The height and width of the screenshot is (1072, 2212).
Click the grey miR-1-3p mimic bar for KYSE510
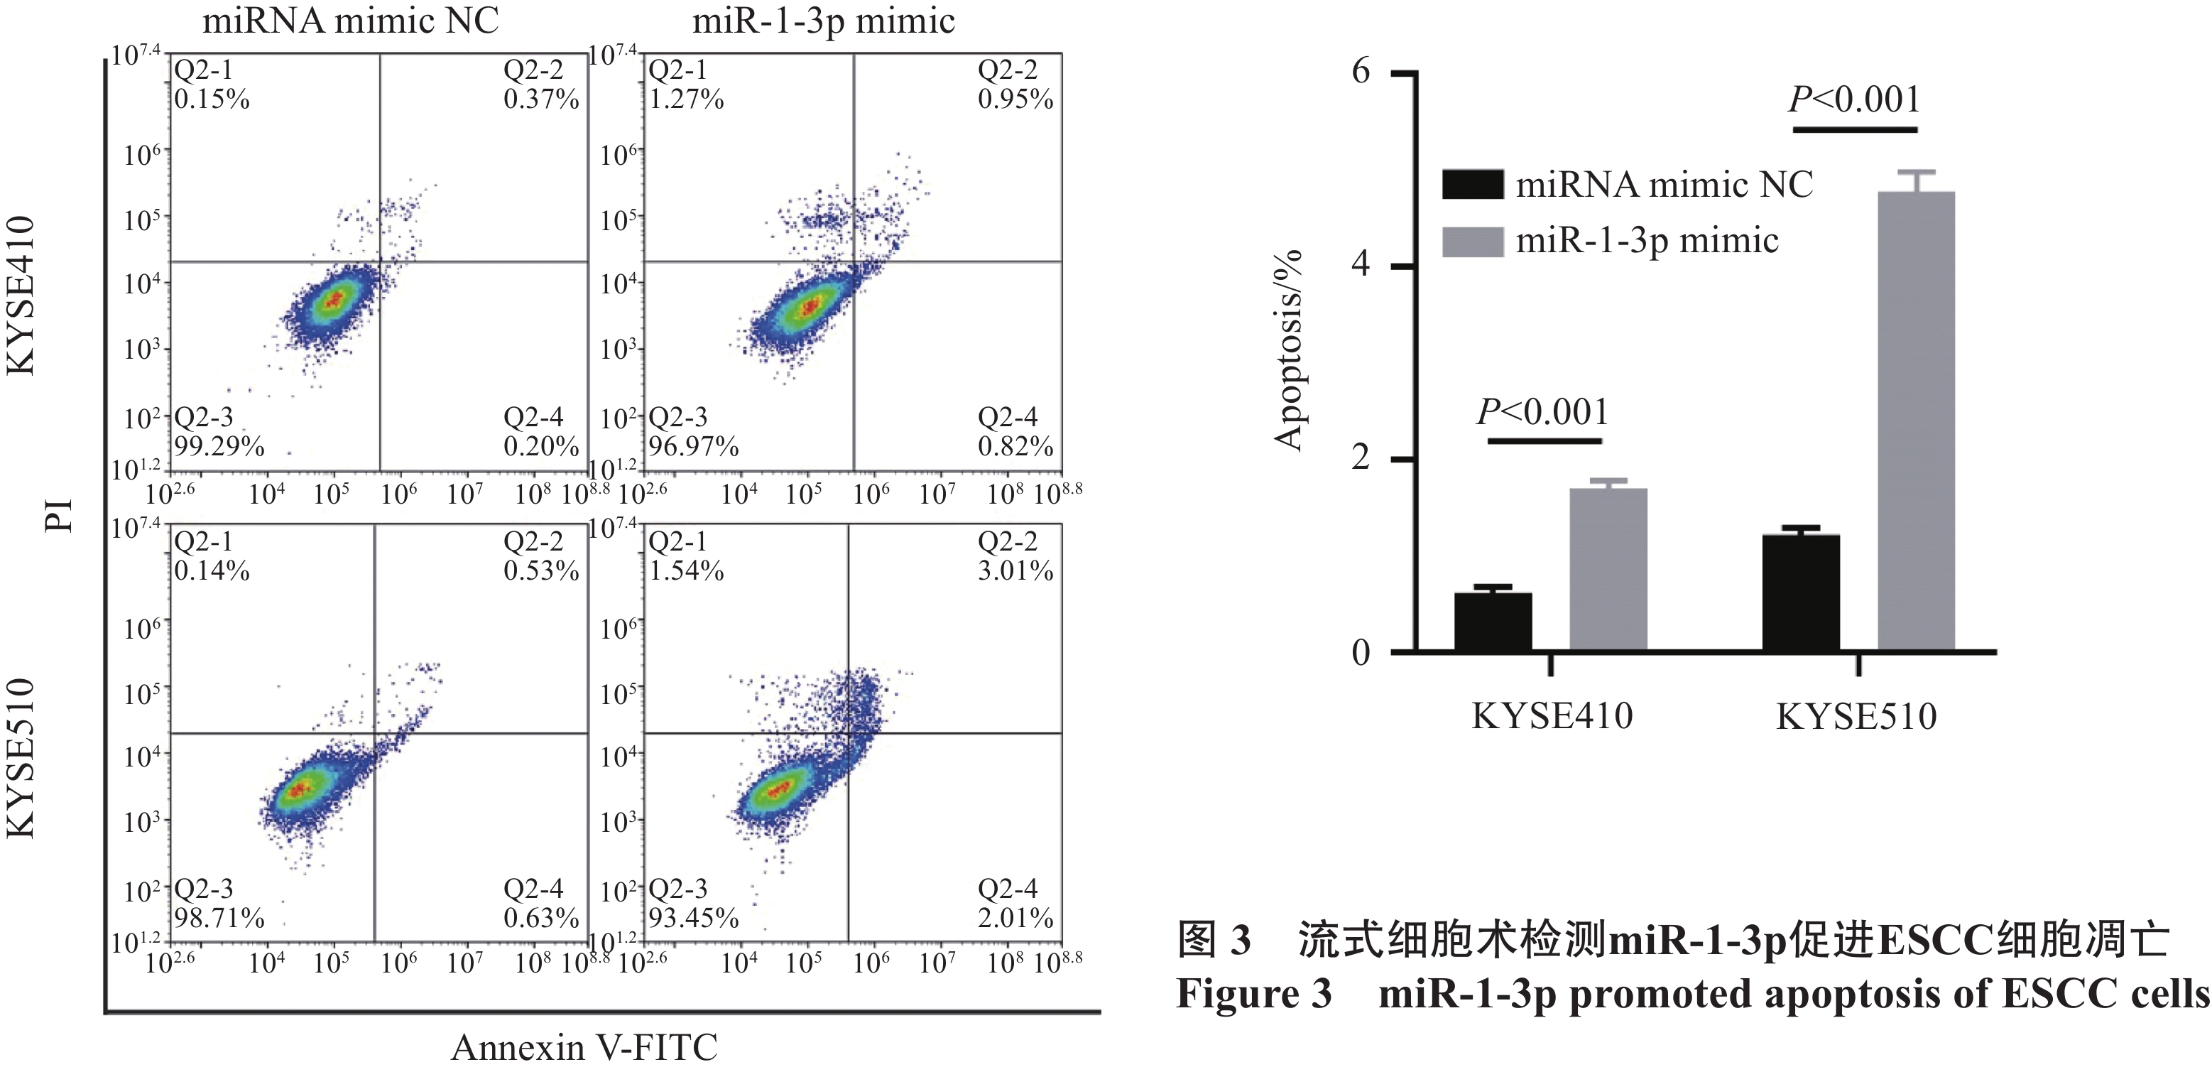(x=1916, y=421)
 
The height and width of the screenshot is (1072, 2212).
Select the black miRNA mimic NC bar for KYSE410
(x=1493, y=622)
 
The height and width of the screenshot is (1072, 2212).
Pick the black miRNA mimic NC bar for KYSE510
(x=1801, y=592)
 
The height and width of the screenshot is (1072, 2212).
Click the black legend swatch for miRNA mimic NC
(x=1472, y=185)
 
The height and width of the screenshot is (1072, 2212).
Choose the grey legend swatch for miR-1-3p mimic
(x=1472, y=242)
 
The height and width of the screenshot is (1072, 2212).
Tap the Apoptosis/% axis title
(x=1289, y=350)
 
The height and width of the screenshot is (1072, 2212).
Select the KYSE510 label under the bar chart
(x=1856, y=716)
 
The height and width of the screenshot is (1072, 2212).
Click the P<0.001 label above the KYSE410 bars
(x=1542, y=413)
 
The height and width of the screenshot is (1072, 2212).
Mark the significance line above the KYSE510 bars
(x=1855, y=130)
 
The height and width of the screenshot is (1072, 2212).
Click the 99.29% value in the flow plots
(x=219, y=447)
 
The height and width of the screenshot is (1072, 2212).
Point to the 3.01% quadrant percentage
(x=1015, y=571)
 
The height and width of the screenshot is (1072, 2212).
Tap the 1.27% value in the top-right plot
(x=686, y=99)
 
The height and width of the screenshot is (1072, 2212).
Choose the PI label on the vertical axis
(x=60, y=515)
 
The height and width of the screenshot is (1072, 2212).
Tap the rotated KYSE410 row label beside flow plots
(x=21, y=296)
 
